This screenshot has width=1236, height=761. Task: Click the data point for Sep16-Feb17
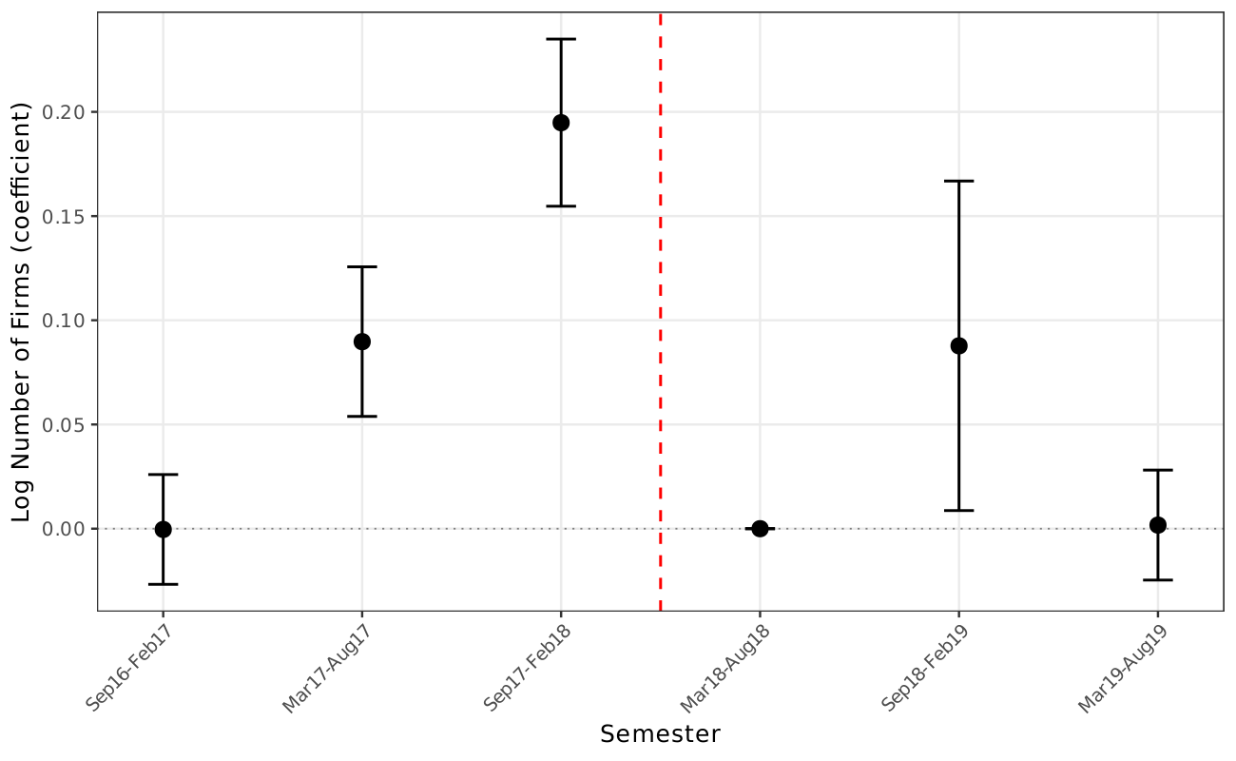(x=163, y=529)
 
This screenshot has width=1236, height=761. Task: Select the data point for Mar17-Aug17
(x=362, y=341)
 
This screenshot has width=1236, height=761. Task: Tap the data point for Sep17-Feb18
(x=561, y=123)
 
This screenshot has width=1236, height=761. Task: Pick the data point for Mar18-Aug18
(x=760, y=528)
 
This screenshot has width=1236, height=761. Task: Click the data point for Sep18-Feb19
(x=958, y=345)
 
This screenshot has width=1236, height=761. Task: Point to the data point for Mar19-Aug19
(x=1158, y=525)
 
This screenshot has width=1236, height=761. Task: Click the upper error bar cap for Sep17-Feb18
(x=561, y=39)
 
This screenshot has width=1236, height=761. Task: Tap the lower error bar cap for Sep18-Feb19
(x=958, y=511)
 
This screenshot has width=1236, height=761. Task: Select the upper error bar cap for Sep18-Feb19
(x=958, y=181)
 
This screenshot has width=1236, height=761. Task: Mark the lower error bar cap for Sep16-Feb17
(x=163, y=584)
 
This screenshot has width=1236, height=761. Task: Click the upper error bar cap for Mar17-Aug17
(x=362, y=266)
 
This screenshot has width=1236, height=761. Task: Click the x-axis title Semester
(x=660, y=734)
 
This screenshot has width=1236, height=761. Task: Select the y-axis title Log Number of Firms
(x=23, y=311)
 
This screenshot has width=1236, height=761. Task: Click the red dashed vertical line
(x=661, y=285)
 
